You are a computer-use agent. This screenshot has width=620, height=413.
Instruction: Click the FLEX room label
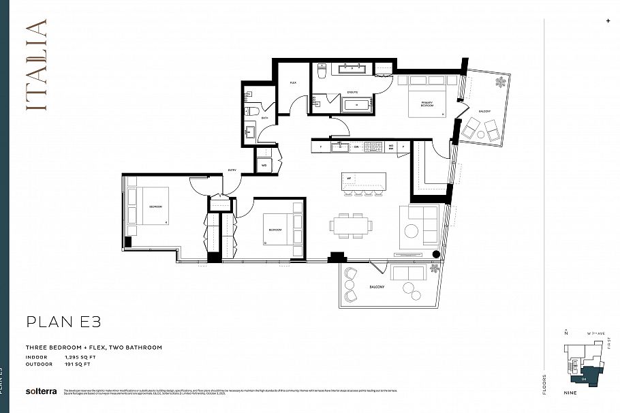click(293, 82)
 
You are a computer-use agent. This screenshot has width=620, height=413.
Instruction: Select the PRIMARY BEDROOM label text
click(427, 104)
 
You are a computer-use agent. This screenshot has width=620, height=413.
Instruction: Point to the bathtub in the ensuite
click(356, 105)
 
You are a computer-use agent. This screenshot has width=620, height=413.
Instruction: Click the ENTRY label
click(232, 169)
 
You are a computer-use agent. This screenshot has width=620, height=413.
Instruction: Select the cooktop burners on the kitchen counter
click(373, 146)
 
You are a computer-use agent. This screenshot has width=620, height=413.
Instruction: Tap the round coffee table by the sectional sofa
click(412, 230)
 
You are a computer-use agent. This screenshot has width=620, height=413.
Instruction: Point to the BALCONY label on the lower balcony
click(376, 287)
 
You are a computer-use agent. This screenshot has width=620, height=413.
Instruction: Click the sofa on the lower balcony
click(407, 275)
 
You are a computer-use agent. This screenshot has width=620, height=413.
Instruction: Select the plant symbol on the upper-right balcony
click(501, 82)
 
